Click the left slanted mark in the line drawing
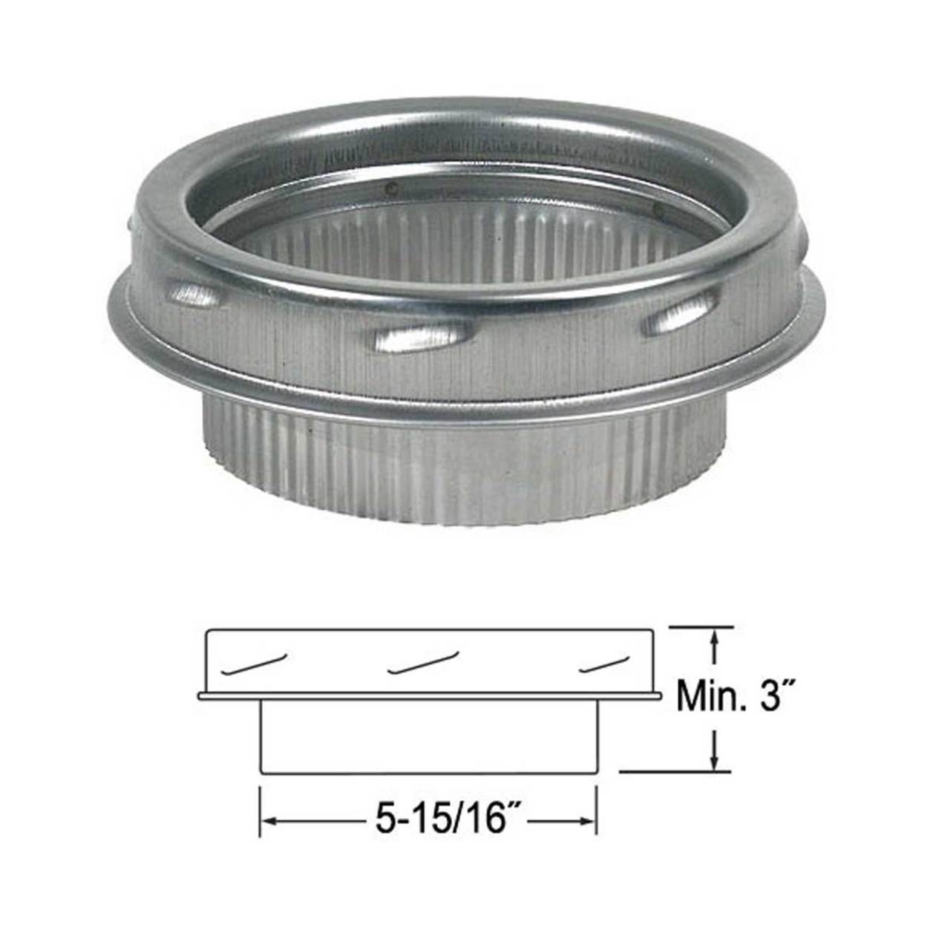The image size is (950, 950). coord(255,663)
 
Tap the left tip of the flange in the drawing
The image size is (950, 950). coord(201,696)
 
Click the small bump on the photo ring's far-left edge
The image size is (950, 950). coord(133,222)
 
